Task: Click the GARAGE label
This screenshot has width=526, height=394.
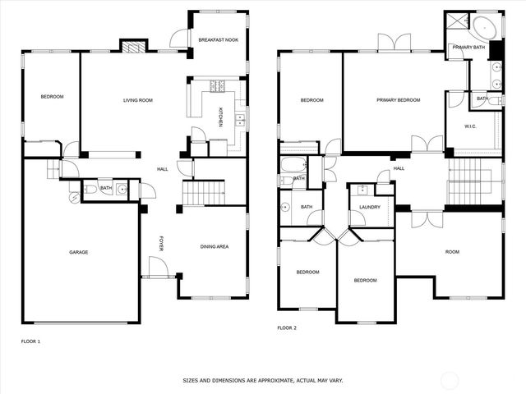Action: click(79, 252)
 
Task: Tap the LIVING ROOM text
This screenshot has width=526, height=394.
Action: click(138, 100)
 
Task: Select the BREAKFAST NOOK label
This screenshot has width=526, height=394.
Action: click(219, 39)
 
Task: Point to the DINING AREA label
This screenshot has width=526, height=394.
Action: click(215, 246)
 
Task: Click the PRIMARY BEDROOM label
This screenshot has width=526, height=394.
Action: click(399, 100)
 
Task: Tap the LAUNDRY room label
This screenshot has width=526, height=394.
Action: click(370, 207)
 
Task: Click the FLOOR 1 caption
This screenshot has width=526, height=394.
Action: click(30, 341)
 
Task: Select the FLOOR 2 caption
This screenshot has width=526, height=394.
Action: click(287, 328)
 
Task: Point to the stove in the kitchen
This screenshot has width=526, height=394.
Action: click(218, 85)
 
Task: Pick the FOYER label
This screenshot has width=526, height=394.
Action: click(161, 244)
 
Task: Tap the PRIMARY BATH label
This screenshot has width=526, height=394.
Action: click(468, 48)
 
